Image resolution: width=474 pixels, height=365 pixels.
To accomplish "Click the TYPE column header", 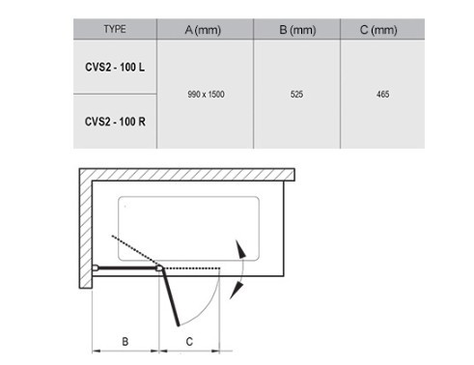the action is [x=115, y=29].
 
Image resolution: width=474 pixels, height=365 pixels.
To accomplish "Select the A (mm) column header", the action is [x=203, y=30].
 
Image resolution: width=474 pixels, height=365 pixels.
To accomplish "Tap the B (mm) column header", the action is [x=297, y=30].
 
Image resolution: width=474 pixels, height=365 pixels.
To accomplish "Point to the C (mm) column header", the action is [x=378, y=30].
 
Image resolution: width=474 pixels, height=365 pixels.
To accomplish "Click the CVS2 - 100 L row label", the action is [x=115, y=68].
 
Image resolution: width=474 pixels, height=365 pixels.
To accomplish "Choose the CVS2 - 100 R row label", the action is [x=115, y=122].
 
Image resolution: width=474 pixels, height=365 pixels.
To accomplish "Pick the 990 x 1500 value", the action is [x=206, y=95].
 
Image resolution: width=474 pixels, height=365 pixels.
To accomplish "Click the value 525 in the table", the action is [x=296, y=95].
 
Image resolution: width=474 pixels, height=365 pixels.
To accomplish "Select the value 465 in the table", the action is [x=383, y=95].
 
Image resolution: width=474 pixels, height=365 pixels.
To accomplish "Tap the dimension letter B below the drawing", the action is [x=125, y=342].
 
